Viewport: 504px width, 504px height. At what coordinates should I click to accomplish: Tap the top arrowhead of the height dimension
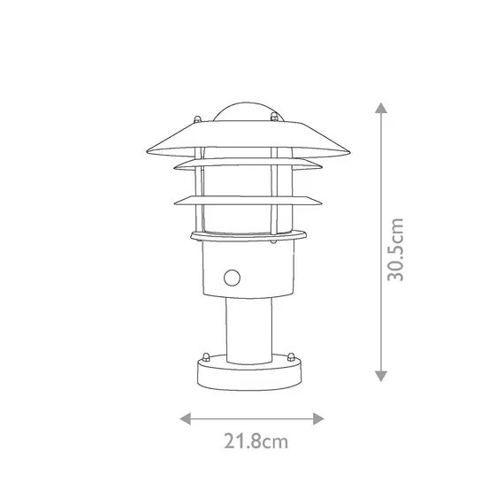pos(380,107)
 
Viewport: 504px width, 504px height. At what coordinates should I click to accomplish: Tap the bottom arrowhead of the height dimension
pos(380,377)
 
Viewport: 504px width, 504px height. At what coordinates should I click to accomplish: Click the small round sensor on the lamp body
pos(233,279)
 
